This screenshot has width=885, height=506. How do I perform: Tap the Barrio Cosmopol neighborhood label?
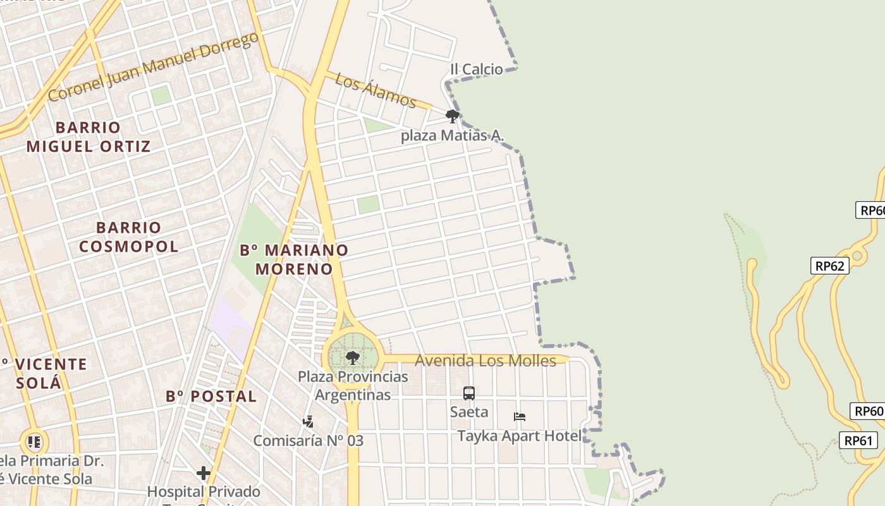[x=129, y=237]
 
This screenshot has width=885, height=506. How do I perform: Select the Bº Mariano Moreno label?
[x=294, y=259]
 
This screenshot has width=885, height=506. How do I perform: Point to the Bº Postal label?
[x=211, y=397]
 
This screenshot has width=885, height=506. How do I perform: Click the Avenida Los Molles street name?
[x=485, y=361]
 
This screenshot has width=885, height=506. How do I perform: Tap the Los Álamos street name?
[x=375, y=90]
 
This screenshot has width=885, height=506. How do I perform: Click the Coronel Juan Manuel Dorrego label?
[x=153, y=66]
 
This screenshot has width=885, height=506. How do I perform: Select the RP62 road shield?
[x=829, y=266]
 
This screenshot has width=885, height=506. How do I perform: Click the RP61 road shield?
[x=858, y=440]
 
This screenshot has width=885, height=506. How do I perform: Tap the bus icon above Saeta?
[x=469, y=393]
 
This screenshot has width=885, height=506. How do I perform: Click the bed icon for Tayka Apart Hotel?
[x=520, y=417]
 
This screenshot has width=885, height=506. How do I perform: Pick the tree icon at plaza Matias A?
[x=452, y=116]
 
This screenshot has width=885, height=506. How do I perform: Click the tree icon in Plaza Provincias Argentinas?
[x=353, y=358]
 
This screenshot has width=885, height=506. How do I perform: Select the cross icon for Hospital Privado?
[x=204, y=473]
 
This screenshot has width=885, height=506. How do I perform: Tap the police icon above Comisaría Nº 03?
[x=308, y=422]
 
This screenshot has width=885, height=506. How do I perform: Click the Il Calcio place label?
[x=477, y=69]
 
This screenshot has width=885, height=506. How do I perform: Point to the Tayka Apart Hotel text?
[x=520, y=436]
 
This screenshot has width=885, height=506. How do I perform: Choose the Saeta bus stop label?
[x=469, y=412]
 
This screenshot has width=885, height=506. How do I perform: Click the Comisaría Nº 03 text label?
[x=308, y=440]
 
